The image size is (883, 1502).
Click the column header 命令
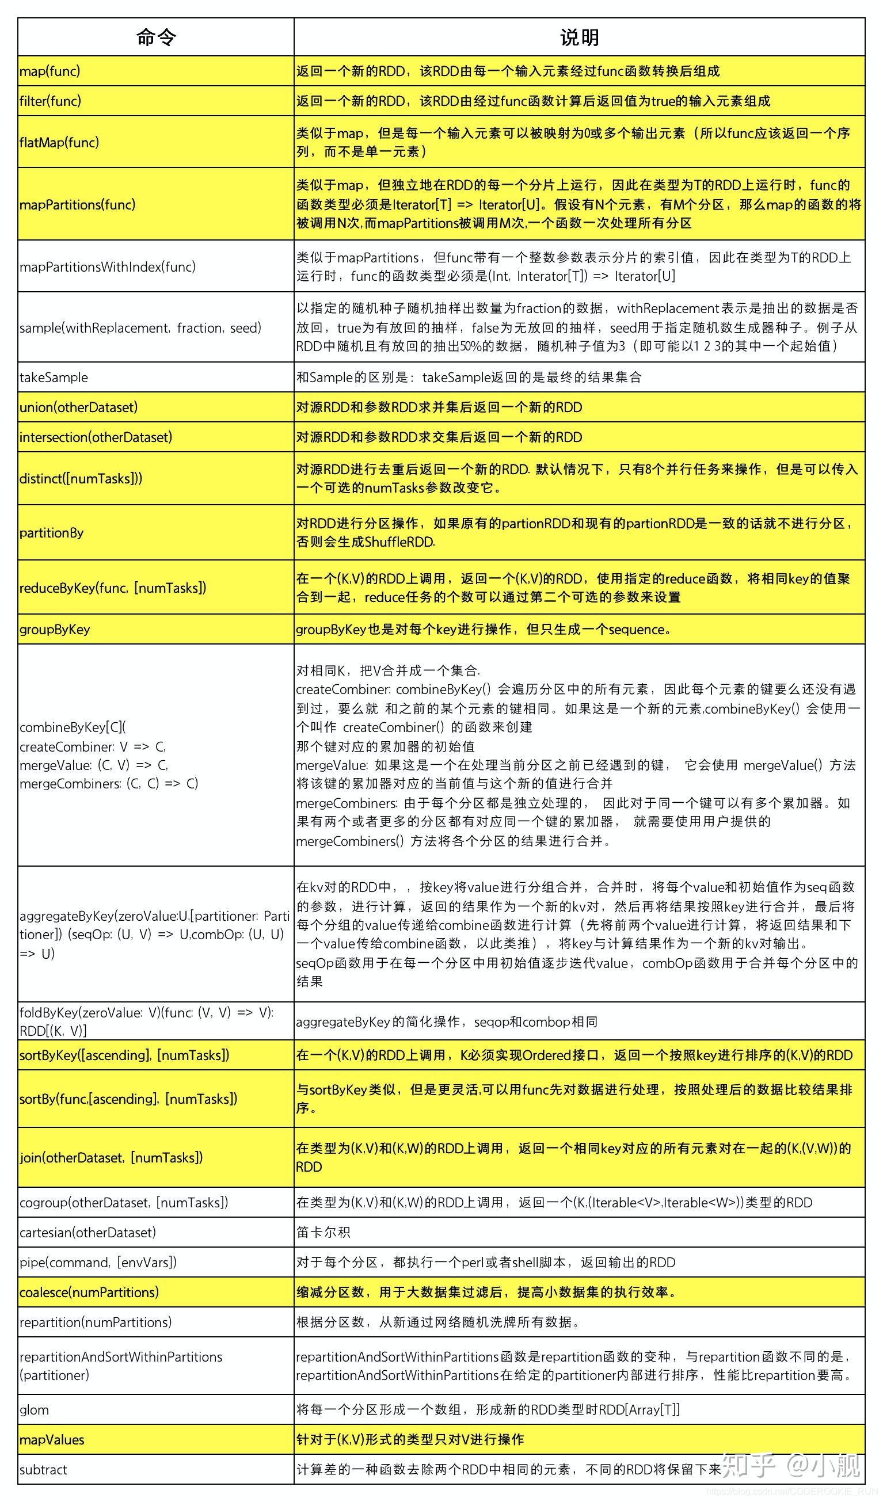click(156, 37)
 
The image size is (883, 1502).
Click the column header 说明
click(579, 37)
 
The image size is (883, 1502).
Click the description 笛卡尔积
click(323, 1232)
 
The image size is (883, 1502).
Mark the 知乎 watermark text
click(748, 1465)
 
